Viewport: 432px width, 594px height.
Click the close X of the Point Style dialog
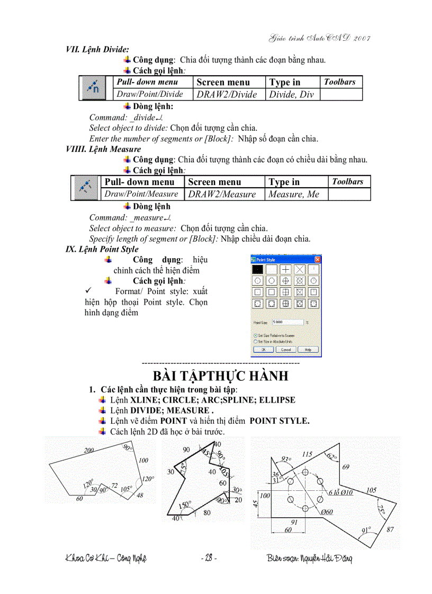[x=317, y=260]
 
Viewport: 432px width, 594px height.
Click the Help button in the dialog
[x=308, y=350]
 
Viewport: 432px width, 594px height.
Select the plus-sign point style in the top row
[x=285, y=269]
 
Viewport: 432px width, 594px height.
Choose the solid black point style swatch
[x=258, y=269]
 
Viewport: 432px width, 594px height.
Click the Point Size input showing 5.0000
[x=287, y=322]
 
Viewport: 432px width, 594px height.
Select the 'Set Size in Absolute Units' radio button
[x=256, y=342]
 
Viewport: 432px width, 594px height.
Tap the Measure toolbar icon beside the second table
[x=85, y=187]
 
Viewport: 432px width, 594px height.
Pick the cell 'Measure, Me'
[x=294, y=194]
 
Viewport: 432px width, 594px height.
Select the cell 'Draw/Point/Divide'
[x=150, y=94]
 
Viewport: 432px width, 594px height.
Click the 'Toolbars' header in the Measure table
[x=348, y=181]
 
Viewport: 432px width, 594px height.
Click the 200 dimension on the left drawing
[x=88, y=450]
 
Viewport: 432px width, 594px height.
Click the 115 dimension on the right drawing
[x=307, y=454]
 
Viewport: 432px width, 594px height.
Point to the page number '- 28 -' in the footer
[x=209, y=558]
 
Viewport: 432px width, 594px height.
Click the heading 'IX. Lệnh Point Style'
[x=102, y=249]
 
